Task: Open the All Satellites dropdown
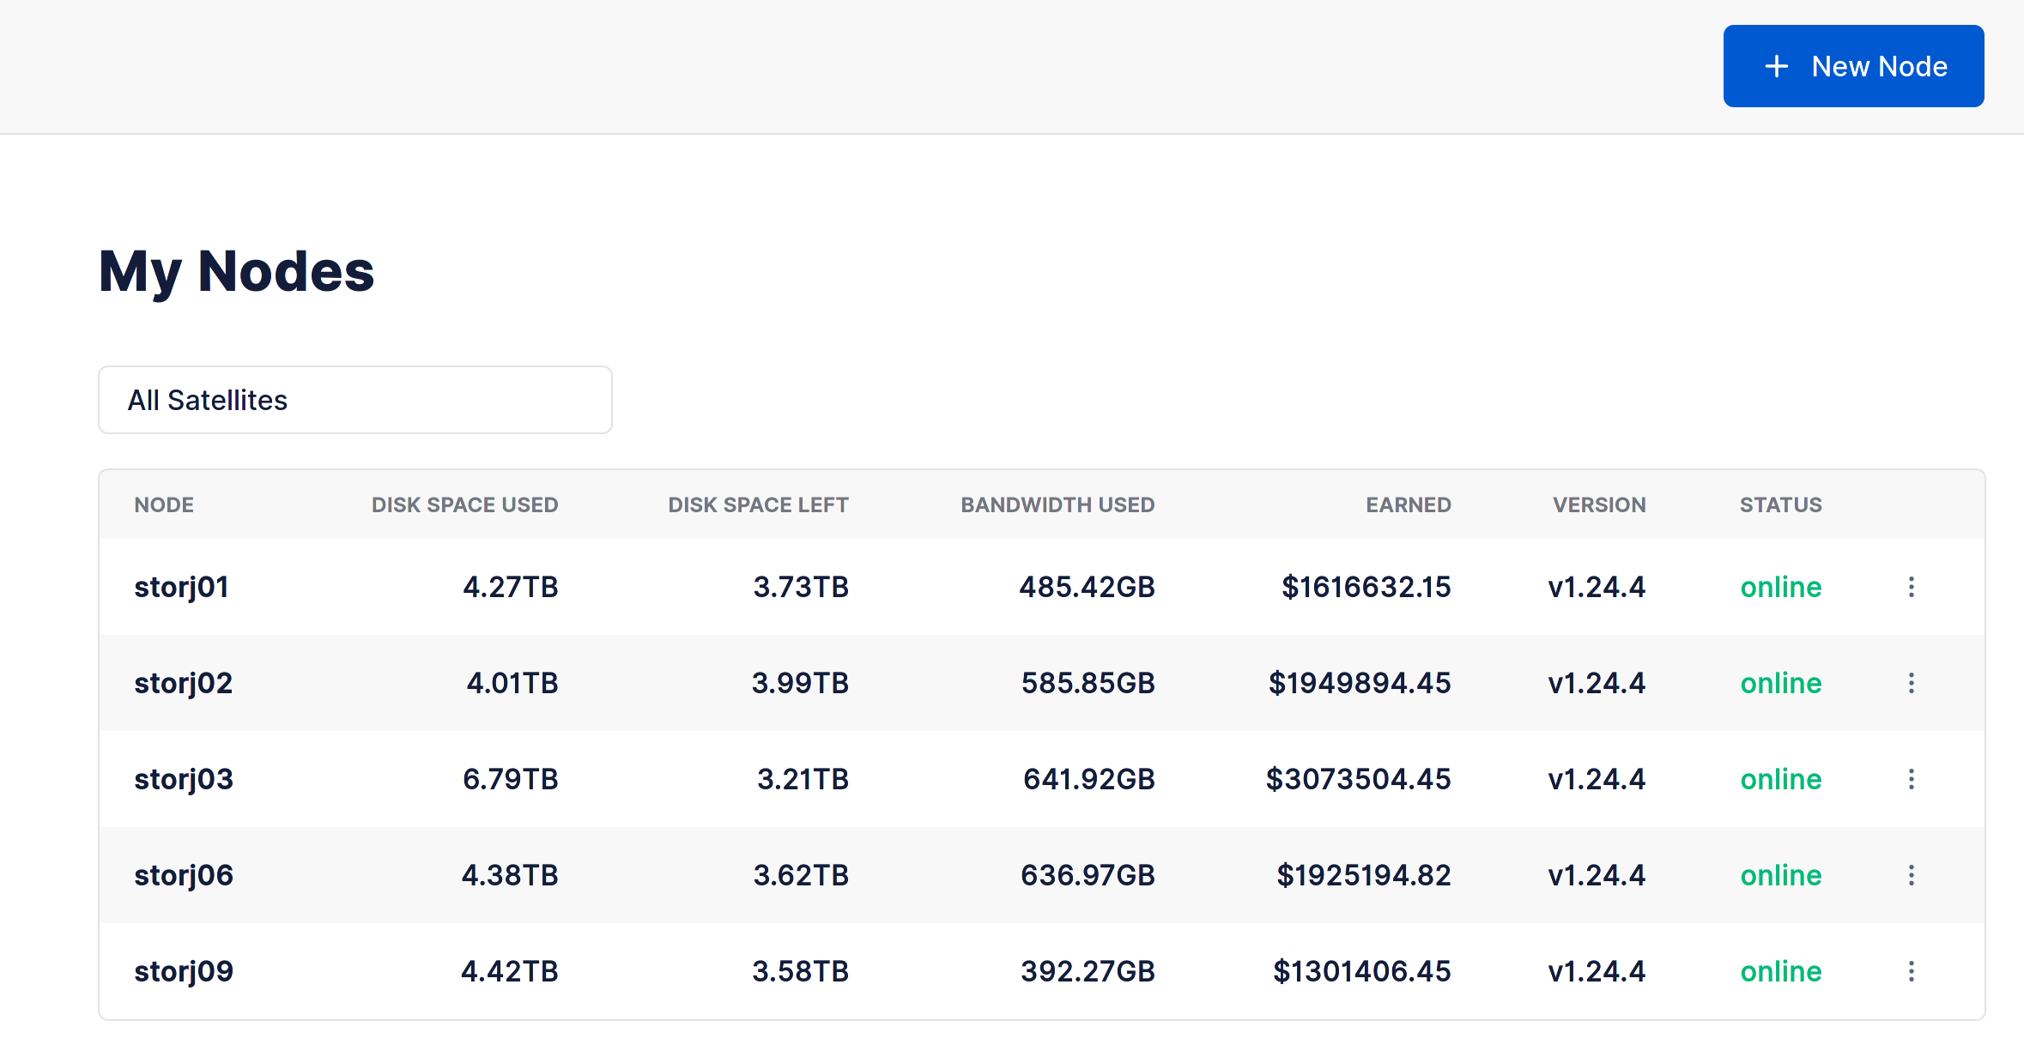point(355,400)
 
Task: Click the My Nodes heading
point(236,271)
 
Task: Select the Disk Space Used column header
point(464,504)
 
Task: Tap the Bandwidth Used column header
point(1057,504)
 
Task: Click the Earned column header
point(1408,504)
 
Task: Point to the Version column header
point(1598,504)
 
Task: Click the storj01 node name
point(181,587)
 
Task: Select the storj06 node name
point(184,875)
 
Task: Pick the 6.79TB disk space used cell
point(510,779)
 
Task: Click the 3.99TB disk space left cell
point(800,683)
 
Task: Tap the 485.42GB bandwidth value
point(1087,587)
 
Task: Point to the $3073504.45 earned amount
point(1358,779)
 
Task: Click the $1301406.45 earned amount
point(1361,971)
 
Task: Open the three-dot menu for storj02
point(1911,683)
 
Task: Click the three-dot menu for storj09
point(1911,971)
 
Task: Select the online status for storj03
point(1780,779)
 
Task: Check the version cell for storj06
point(1597,875)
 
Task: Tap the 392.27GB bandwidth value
point(1088,971)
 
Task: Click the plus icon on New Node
point(1776,66)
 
